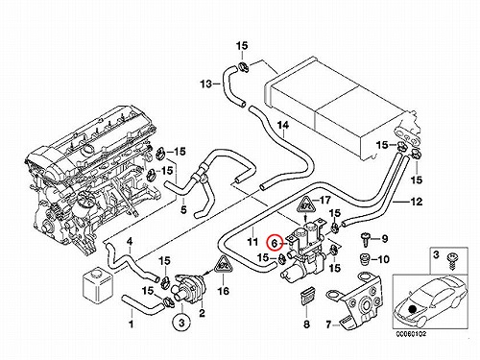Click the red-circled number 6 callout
click(x=275, y=243)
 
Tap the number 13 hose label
click(x=206, y=84)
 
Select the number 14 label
click(x=283, y=126)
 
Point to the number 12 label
click(x=416, y=202)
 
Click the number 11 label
click(x=252, y=241)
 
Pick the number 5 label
click(x=183, y=210)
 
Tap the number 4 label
click(x=130, y=241)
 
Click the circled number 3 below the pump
click(x=181, y=323)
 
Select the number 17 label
click(x=324, y=201)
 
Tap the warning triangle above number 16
click(x=223, y=266)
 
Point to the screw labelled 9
click(x=365, y=239)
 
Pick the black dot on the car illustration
click(x=413, y=309)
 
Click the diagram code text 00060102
click(x=411, y=334)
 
